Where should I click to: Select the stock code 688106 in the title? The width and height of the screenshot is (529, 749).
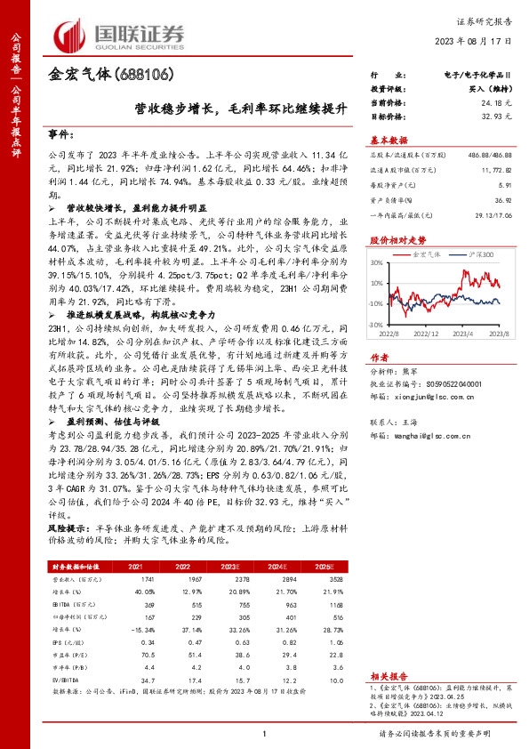point(146,76)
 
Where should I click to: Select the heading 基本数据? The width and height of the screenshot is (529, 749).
point(388,140)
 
